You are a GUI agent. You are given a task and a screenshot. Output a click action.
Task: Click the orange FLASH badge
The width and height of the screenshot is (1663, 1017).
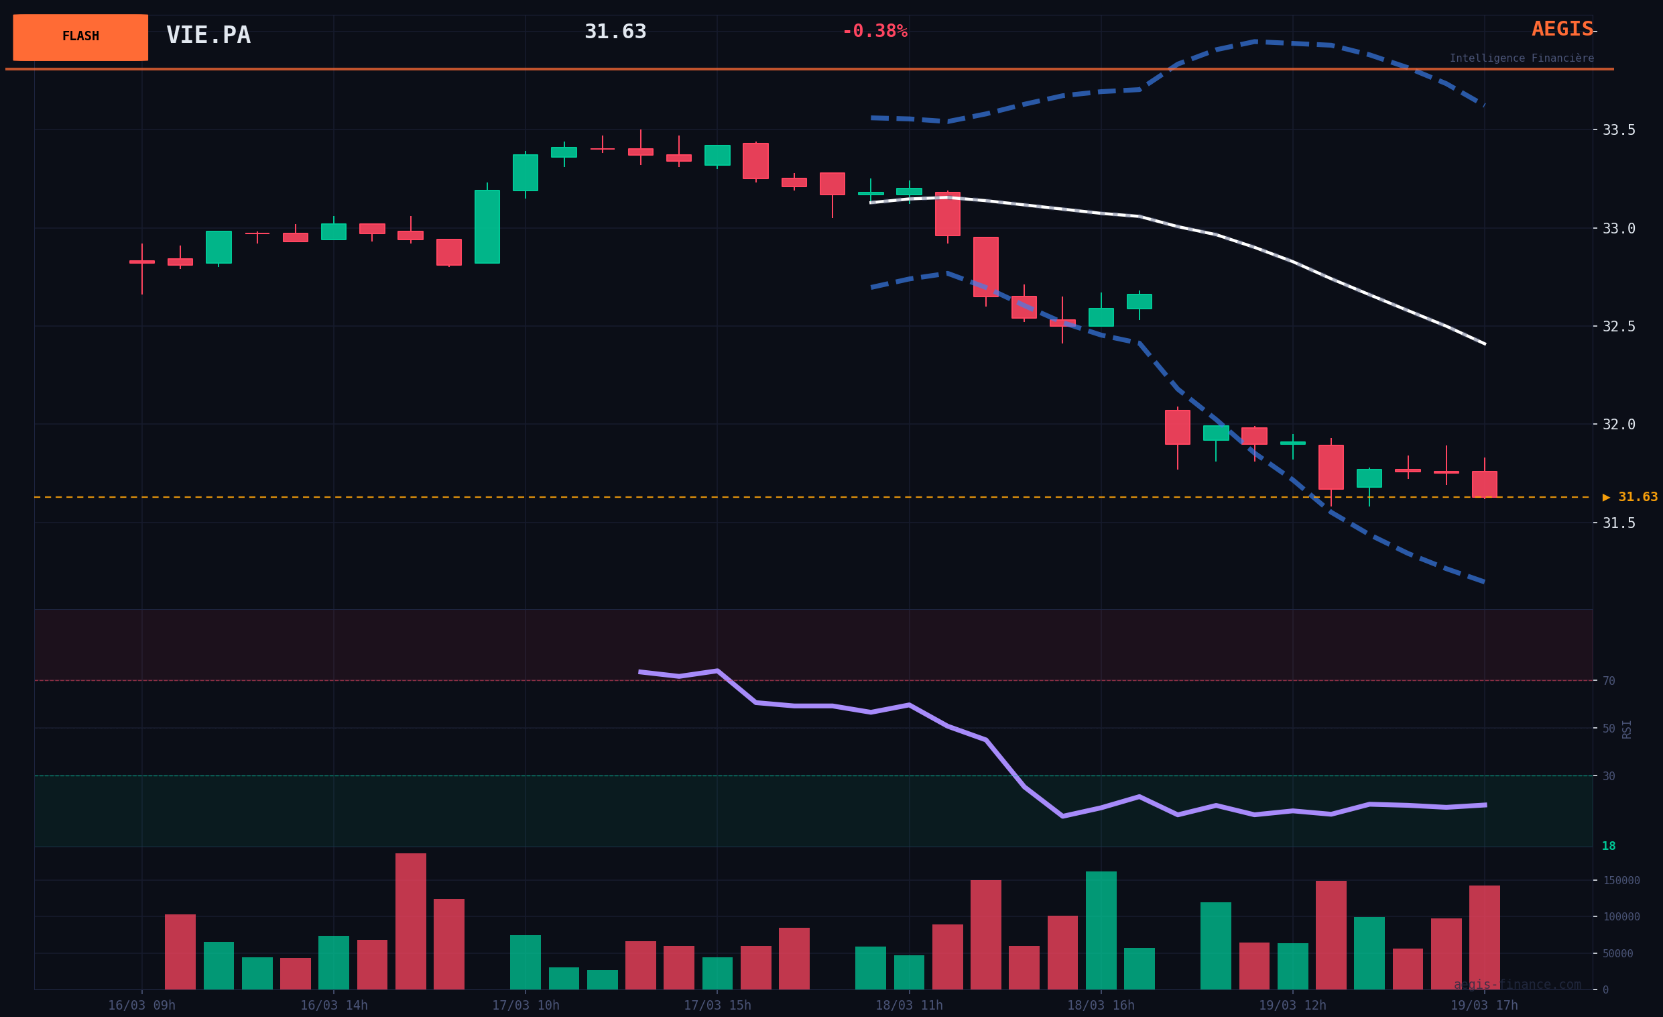[80, 37]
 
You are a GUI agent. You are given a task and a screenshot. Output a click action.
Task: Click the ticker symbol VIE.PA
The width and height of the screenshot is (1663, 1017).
[208, 35]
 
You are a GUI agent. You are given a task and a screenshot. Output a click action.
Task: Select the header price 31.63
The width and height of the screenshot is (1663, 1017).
[615, 32]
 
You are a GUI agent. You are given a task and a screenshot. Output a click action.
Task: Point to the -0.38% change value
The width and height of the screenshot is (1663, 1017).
[875, 31]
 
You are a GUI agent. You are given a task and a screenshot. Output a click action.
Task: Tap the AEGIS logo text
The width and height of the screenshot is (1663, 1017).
[1562, 29]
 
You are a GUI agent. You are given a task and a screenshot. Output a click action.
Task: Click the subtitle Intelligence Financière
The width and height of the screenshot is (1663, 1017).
[1522, 58]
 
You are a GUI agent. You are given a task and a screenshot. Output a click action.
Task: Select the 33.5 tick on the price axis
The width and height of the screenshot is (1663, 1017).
[1619, 129]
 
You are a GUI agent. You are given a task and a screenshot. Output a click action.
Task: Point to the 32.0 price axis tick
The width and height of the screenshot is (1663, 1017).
[1619, 425]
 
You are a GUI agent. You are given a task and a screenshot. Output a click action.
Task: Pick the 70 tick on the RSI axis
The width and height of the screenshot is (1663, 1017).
[1609, 681]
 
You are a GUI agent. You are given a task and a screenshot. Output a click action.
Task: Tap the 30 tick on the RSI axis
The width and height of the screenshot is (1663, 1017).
[1609, 776]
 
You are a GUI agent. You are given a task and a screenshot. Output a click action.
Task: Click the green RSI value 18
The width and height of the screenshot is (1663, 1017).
[1609, 846]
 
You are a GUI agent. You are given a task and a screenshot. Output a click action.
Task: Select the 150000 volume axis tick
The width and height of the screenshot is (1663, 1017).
[1621, 881]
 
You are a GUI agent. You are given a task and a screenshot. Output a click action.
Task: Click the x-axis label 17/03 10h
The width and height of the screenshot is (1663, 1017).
[525, 1006]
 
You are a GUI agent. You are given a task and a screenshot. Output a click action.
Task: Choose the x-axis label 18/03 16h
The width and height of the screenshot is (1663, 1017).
[1101, 1006]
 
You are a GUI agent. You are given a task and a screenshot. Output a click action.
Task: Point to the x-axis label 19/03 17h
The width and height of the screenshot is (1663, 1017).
[1484, 1006]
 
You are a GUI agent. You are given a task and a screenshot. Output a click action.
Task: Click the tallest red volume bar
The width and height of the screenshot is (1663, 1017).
[410, 921]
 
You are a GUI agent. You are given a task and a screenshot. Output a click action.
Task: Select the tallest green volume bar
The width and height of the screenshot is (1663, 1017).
[1101, 930]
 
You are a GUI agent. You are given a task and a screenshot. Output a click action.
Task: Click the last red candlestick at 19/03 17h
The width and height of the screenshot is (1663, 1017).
[1484, 484]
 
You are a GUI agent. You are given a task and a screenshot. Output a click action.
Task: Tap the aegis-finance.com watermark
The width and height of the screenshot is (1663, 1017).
[1517, 985]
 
